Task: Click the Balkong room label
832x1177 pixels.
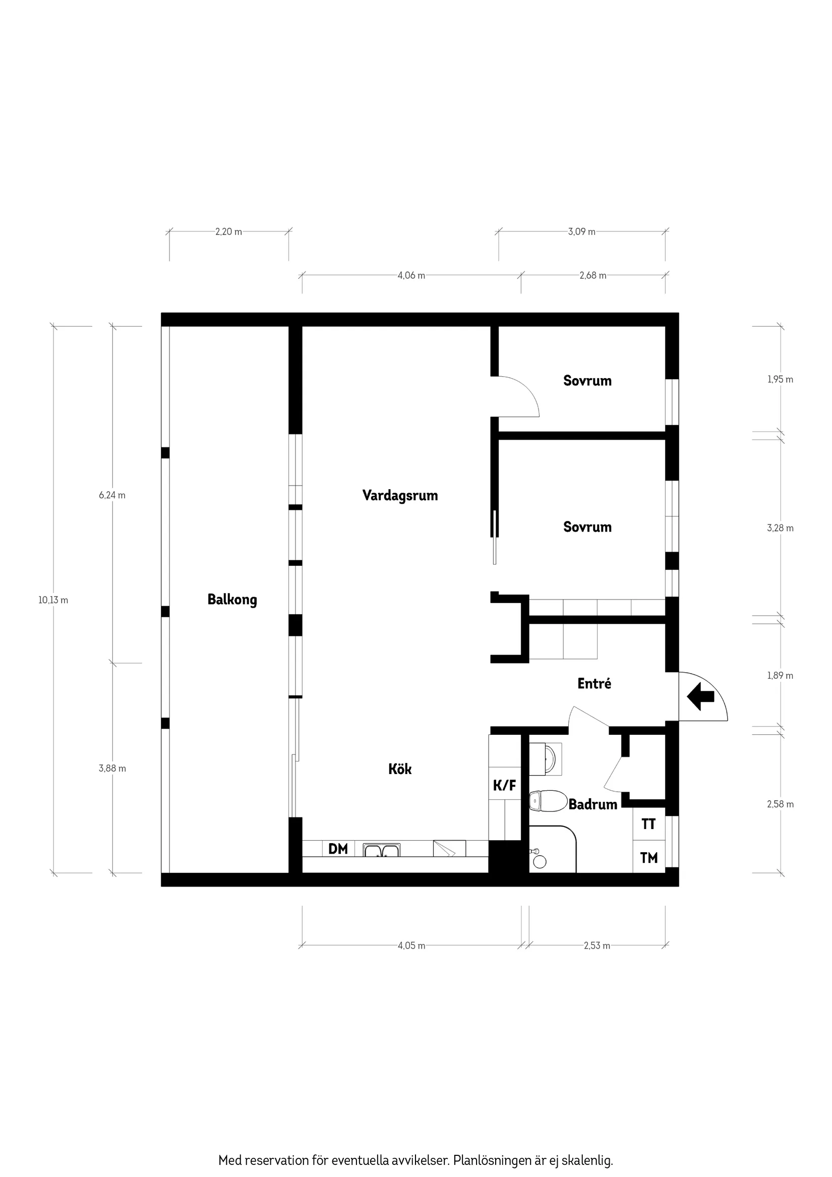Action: click(x=232, y=600)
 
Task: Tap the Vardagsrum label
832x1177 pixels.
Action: click(x=400, y=496)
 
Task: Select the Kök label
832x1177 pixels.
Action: click(x=400, y=769)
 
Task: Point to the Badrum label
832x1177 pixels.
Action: click(x=592, y=804)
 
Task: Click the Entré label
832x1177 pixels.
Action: click(x=594, y=683)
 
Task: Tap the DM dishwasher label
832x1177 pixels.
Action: click(x=338, y=849)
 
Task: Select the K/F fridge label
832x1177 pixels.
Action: click(x=504, y=785)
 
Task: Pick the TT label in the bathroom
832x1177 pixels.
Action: click(x=648, y=824)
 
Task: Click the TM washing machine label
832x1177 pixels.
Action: click(x=649, y=857)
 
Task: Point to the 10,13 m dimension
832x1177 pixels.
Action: click(x=53, y=600)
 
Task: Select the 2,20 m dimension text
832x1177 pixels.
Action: click(x=228, y=231)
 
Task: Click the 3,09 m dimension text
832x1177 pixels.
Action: click(x=582, y=231)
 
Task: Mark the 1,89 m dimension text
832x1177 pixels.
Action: click(x=780, y=676)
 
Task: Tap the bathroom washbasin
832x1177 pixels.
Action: click(x=548, y=758)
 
